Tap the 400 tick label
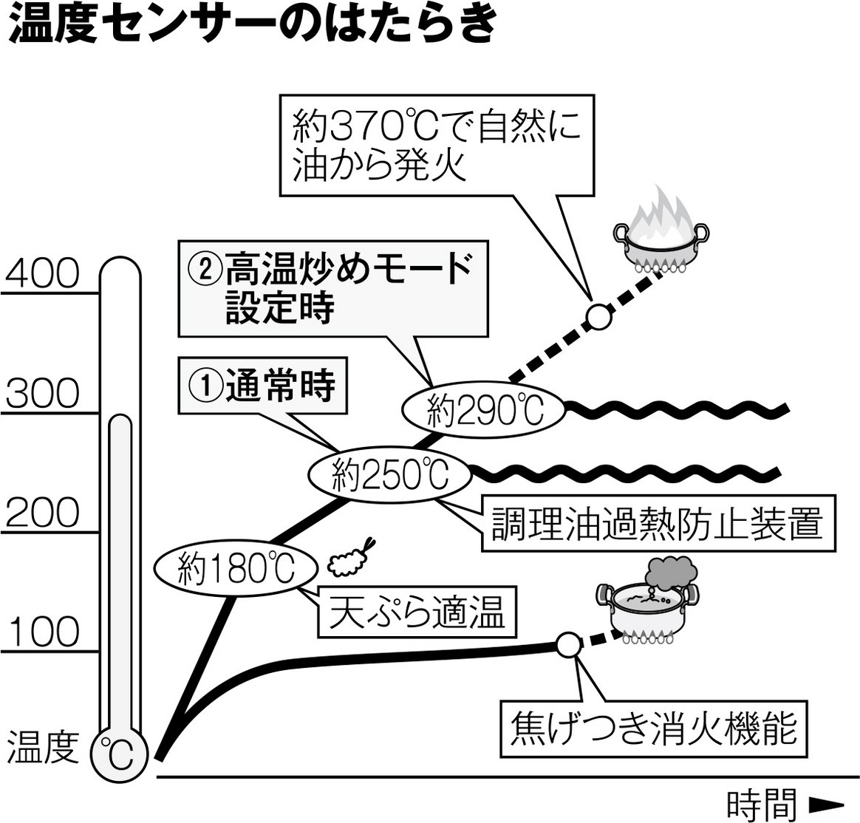click(41, 274)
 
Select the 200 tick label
click(41, 512)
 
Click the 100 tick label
click(41, 632)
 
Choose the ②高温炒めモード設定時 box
click(333, 289)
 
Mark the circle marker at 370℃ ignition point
click(598, 316)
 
